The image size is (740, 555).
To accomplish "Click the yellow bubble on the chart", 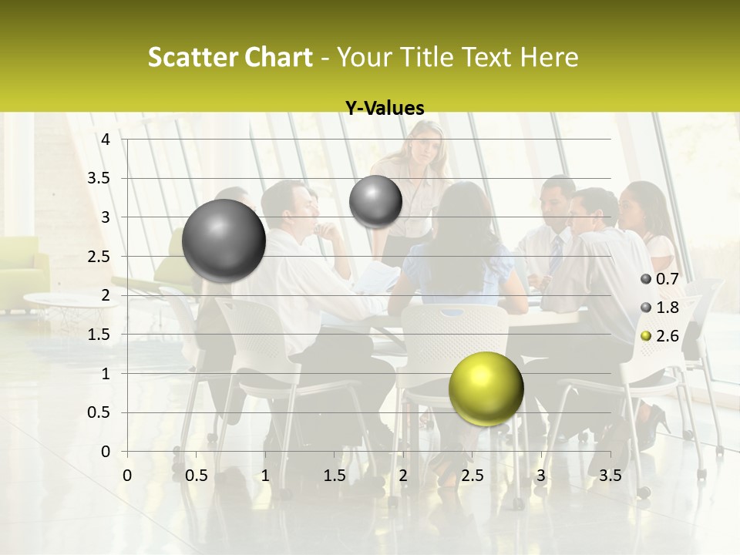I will click(x=486, y=388).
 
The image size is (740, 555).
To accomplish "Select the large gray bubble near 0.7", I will click(x=224, y=240).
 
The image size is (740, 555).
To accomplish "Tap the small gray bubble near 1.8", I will click(x=375, y=201).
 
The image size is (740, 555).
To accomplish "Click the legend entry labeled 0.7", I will click(x=660, y=279).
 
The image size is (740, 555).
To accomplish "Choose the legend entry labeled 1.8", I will click(x=660, y=308).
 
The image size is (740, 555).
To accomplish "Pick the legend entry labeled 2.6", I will click(x=660, y=335).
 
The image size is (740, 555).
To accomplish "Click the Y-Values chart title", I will click(x=385, y=109).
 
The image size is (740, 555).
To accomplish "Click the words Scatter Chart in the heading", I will click(x=230, y=57).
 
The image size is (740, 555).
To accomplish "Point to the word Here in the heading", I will click(x=549, y=57).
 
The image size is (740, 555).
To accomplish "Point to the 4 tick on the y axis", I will click(x=106, y=139).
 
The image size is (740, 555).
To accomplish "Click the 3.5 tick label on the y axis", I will click(x=99, y=178).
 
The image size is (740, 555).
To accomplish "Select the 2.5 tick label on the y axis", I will click(x=99, y=256).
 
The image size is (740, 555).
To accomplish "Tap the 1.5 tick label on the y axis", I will click(x=99, y=335).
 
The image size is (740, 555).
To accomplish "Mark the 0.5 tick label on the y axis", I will click(x=99, y=412).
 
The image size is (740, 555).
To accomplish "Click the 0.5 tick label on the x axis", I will click(x=196, y=476).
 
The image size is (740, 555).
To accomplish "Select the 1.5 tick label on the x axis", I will click(x=334, y=476).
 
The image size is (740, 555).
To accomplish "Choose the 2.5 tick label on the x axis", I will click(x=472, y=476).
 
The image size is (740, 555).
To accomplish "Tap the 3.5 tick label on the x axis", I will click(x=610, y=476).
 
